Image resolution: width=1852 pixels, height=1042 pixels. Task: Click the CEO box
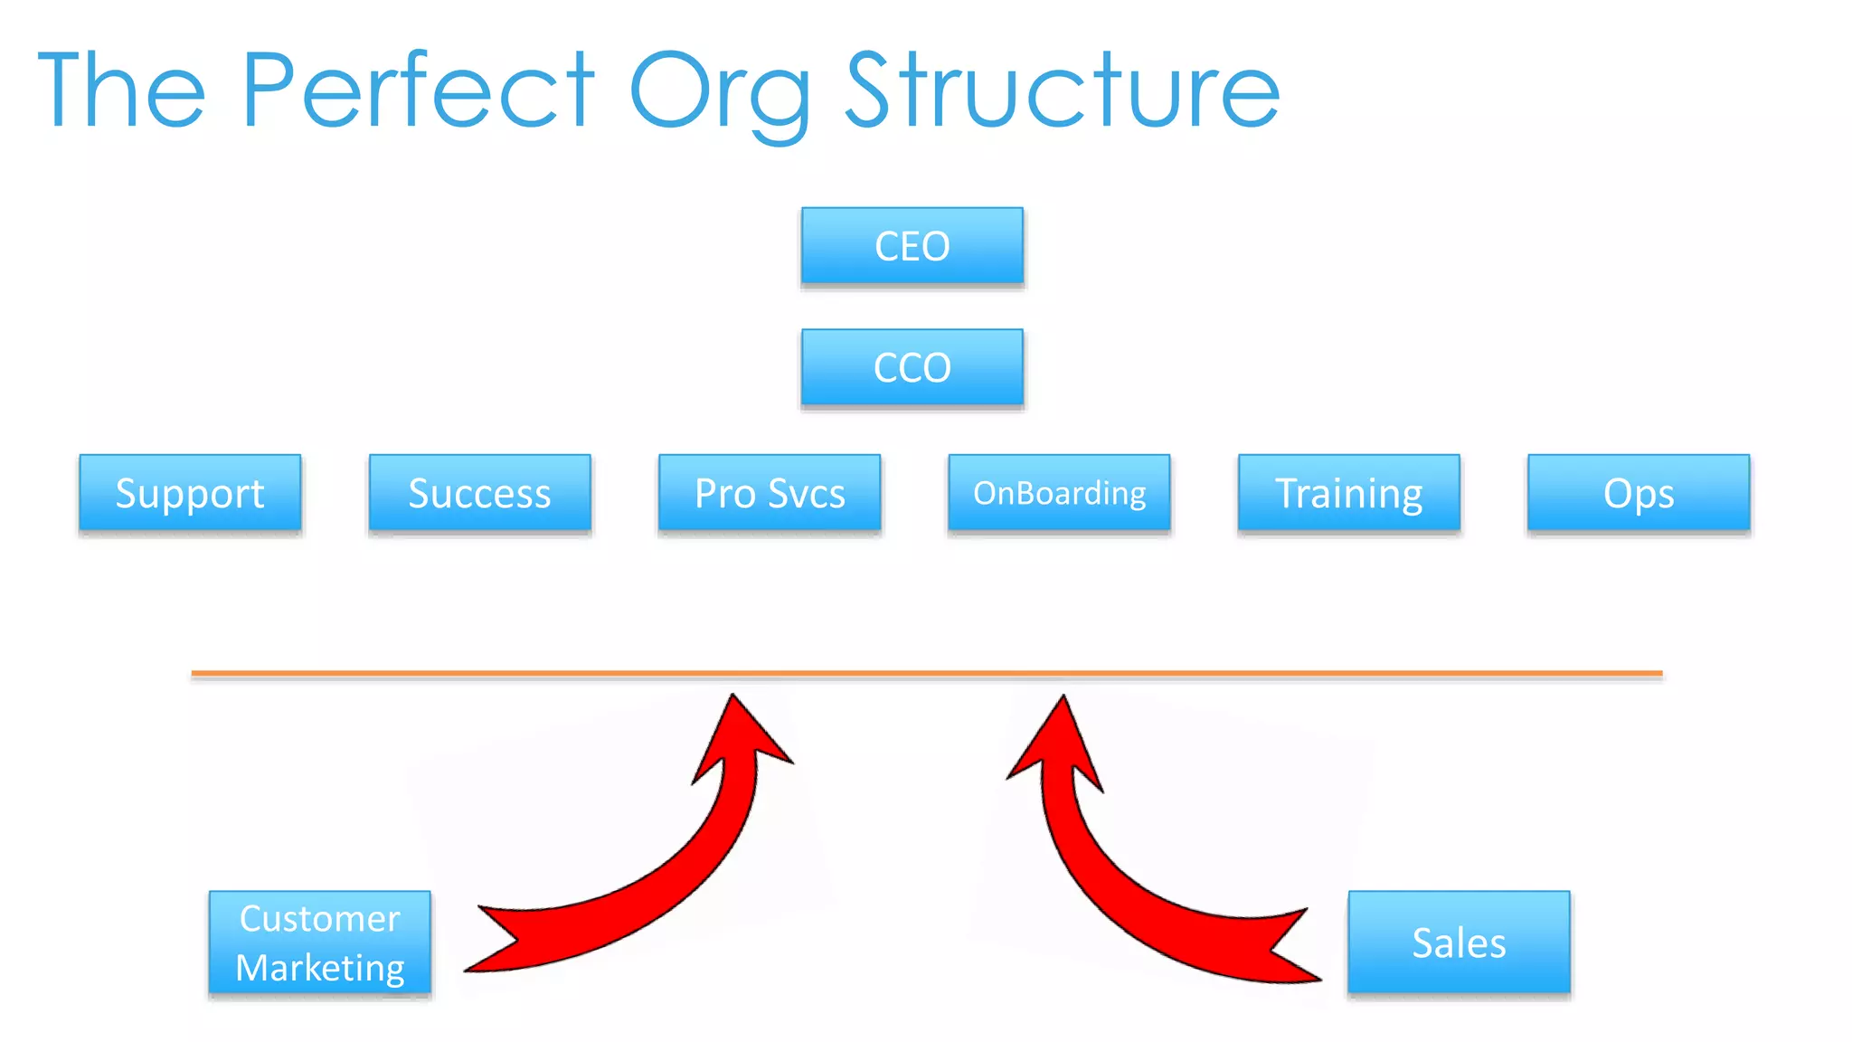pyautogui.click(x=912, y=246)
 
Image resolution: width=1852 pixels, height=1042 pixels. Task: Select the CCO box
pyautogui.click(x=912, y=367)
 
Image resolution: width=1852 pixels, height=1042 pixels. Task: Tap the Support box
pyautogui.click(x=190, y=493)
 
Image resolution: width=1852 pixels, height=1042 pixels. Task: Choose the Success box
pyautogui.click(x=479, y=493)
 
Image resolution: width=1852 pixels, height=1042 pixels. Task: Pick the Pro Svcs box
pyautogui.click(x=770, y=493)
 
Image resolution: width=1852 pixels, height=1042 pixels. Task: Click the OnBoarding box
pyautogui.click(x=1059, y=493)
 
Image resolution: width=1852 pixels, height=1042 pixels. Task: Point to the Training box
pyautogui.click(x=1348, y=493)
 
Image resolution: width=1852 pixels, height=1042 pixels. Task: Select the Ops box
pyautogui.click(x=1639, y=493)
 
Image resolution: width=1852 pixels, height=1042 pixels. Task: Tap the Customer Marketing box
pyautogui.click(x=319, y=943)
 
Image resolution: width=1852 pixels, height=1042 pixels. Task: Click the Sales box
pyautogui.click(x=1459, y=943)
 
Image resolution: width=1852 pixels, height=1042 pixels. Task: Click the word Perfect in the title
pyautogui.click(x=418, y=90)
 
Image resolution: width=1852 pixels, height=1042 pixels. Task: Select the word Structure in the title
pyautogui.click(x=1063, y=90)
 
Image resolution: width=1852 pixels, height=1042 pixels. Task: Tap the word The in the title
pyautogui.click(x=122, y=90)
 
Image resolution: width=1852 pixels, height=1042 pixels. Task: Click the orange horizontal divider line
pyautogui.click(x=926, y=673)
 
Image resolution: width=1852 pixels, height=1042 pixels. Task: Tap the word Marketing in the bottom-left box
pyautogui.click(x=319, y=968)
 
